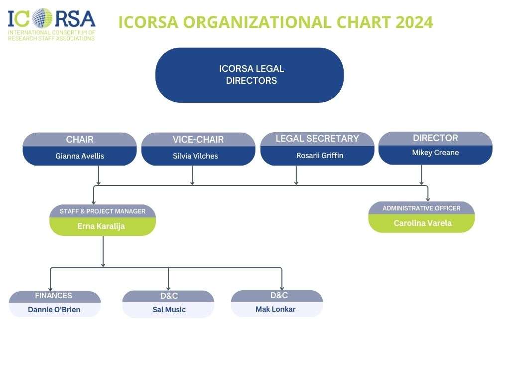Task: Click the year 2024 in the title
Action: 414,22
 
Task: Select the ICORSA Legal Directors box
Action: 250,75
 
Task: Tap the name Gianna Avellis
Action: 80,156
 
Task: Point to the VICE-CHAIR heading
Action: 198,140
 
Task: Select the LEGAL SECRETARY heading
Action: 317,139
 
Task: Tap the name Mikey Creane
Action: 435,153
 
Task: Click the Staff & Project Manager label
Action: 103,211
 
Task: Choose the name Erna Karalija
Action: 101,226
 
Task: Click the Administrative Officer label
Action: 421,208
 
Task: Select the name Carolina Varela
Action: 422,223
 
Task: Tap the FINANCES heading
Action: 53,296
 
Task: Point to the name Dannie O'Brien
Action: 54,310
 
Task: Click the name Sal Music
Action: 169,310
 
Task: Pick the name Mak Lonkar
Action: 275,309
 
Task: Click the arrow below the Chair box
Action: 99,175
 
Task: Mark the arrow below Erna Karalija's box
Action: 103,251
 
